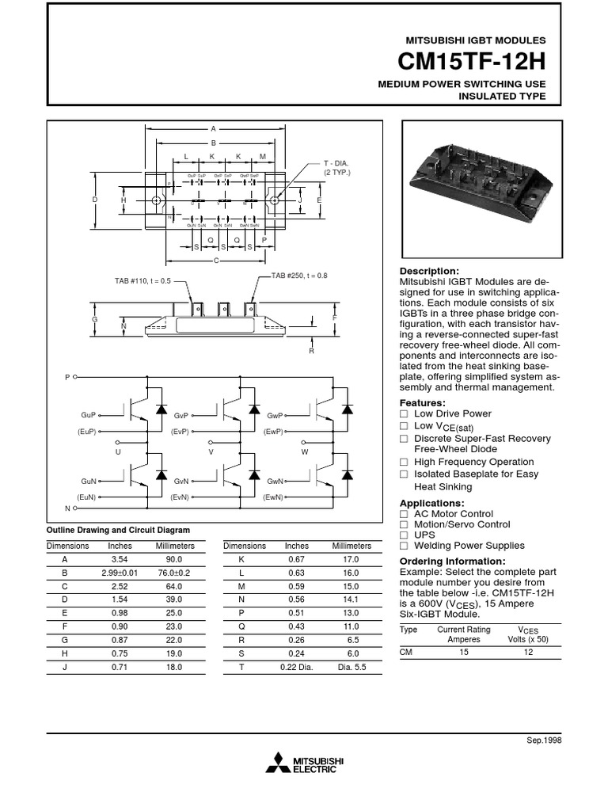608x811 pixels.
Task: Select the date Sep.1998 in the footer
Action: coord(544,739)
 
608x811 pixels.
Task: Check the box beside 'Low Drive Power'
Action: coord(404,414)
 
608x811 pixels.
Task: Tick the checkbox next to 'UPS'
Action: coord(404,535)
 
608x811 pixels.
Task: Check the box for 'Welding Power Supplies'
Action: coord(404,546)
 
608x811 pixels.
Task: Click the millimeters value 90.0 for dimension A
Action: coord(173,559)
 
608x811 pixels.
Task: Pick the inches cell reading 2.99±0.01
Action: coord(120,573)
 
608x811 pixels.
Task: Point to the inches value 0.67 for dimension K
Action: coord(296,559)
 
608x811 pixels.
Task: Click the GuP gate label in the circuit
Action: coord(87,415)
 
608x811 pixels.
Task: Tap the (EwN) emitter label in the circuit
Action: coord(275,497)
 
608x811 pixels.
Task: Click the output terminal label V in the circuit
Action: coord(211,451)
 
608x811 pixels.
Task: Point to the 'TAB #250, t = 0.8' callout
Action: coord(299,275)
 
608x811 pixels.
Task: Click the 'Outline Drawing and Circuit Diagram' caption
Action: coord(119,530)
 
